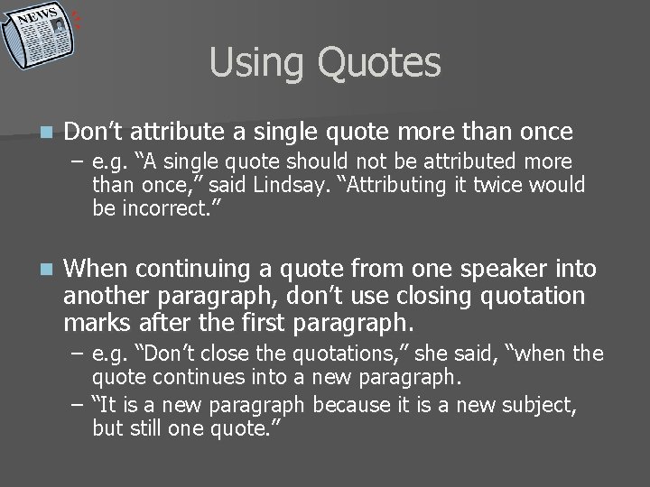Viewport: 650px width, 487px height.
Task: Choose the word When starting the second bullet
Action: coord(103,268)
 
